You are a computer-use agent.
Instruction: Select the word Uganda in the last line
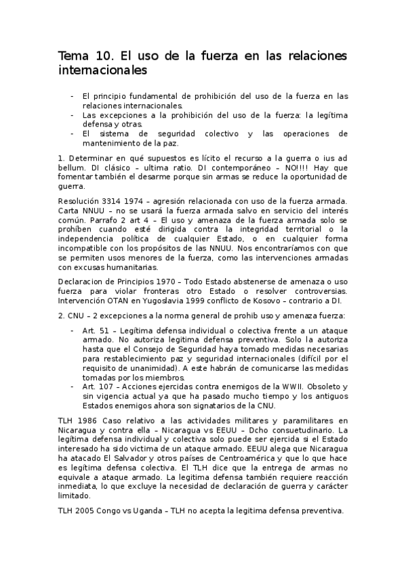pyautogui.click(x=142, y=512)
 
